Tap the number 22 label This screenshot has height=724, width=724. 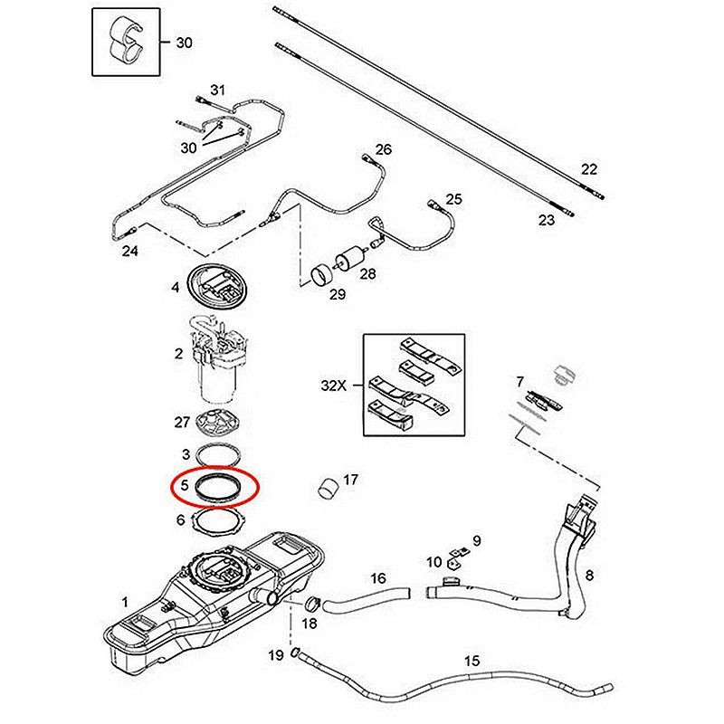589,169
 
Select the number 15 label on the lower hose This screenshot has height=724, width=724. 472,661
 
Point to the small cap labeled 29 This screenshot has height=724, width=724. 319,275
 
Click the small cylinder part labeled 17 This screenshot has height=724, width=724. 327,487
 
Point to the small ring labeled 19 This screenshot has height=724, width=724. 296,653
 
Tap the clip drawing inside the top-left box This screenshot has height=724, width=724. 126,41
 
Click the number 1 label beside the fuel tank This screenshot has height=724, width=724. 126,600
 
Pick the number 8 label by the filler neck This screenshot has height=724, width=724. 589,575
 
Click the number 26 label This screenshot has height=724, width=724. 383,149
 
